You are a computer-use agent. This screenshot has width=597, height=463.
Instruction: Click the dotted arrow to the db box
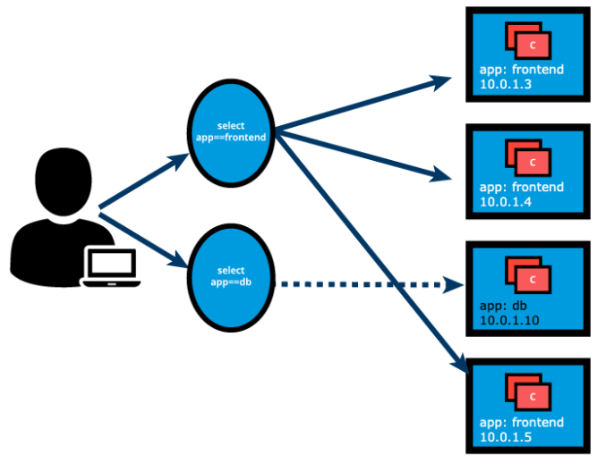pos(367,285)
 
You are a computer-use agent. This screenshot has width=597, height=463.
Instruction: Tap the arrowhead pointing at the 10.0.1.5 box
pos(459,364)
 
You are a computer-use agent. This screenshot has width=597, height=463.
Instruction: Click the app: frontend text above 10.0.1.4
pos(522,188)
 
